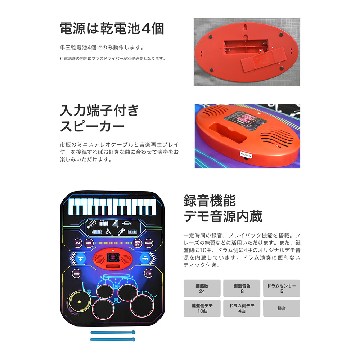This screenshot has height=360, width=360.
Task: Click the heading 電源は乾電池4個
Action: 112,29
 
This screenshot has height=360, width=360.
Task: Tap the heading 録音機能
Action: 210,200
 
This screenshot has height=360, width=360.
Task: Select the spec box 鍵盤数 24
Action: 202,288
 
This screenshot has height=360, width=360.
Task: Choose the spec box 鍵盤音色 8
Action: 242,288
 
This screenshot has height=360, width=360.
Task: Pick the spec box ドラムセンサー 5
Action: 282,288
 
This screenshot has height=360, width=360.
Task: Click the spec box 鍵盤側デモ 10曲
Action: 202,308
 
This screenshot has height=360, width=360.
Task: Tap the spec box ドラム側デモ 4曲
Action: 242,308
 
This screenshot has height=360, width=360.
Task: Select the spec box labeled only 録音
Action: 282,308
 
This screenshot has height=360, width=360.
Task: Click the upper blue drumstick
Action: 112,332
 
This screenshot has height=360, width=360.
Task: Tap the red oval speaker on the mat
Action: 112,258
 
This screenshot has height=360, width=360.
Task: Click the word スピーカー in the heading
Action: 92,127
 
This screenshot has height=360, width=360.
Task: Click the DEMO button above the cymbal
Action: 76,273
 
